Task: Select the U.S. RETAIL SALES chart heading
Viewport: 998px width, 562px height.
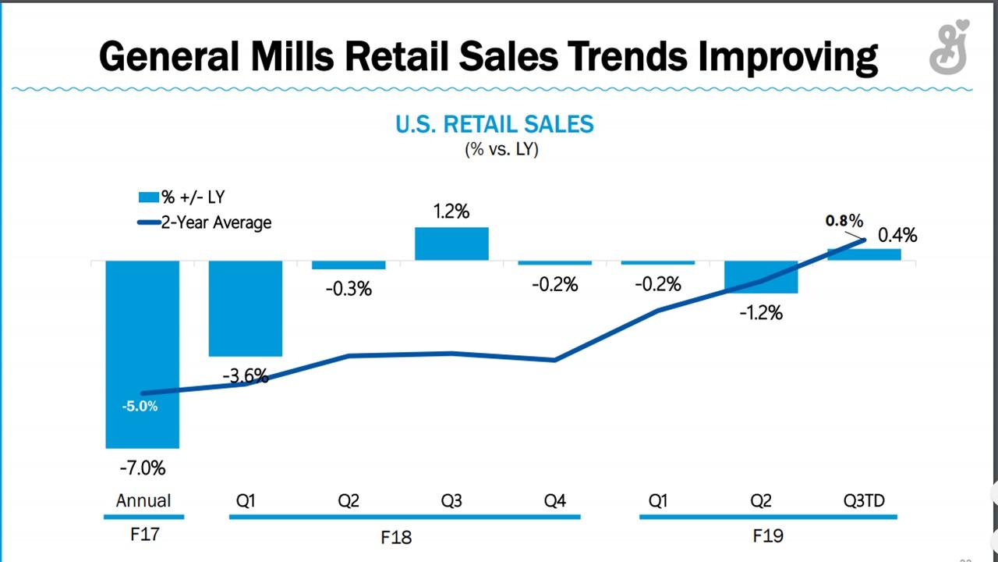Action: pyautogui.click(x=494, y=124)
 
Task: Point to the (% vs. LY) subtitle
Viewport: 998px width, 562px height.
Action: pyautogui.click(x=501, y=149)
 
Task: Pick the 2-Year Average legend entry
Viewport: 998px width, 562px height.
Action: pyautogui.click(x=204, y=222)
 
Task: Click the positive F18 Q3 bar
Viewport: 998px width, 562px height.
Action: pyautogui.click(x=451, y=244)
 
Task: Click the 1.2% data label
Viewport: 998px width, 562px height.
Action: pyautogui.click(x=451, y=212)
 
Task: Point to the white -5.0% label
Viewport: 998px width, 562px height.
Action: pyautogui.click(x=140, y=406)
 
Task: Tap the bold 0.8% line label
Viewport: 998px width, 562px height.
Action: pyautogui.click(x=844, y=221)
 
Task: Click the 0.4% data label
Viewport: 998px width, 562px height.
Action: pyautogui.click(x=897, y=235)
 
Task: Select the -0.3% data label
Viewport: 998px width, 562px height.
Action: pyautogui.click(x=349, y=290)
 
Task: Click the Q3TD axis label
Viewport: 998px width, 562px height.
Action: pyautogui.click(x=864, y=500)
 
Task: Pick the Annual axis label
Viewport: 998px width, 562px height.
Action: pyautogui.click(x=143, y=500)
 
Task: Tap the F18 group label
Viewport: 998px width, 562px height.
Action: pyautogui.click(x=396, y=537)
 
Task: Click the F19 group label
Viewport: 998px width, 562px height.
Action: pyautogui.click(x=768, y=536)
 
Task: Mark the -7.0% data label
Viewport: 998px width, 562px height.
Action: pyautogui.click(x=142, y=468)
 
